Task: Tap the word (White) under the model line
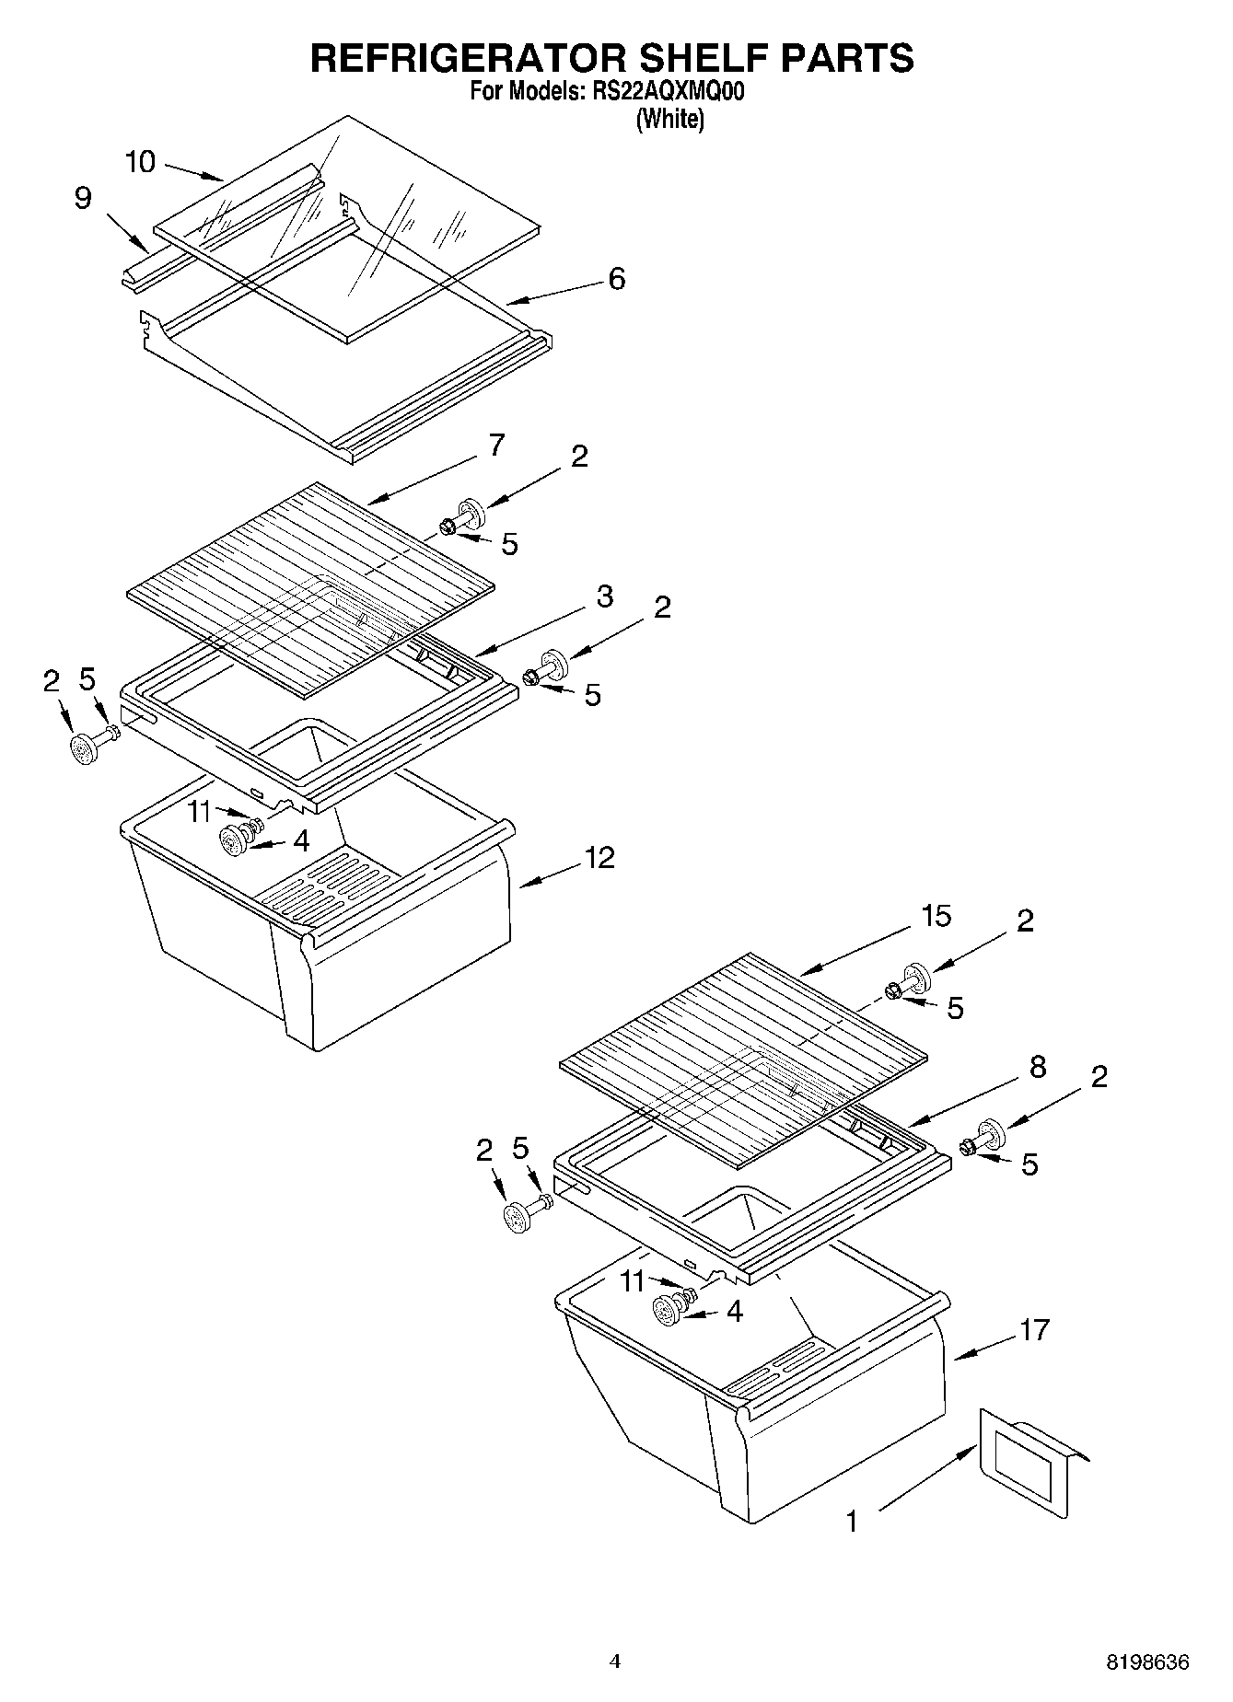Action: pos(669,119)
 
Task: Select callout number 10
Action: pos(140,163)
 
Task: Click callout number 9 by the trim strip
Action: pos(83,198)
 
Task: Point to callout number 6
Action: pos(616,278)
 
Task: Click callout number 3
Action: pos(603,596)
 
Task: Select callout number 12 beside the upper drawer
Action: pos(599,858)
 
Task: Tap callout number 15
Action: pos(936,917)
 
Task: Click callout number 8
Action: pos(1037,1067)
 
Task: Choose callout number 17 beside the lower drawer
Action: pos(1034,1329)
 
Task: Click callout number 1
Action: pos(852,1521)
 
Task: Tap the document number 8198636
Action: pos(1147,1662)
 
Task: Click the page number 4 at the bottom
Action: pos(615,1661)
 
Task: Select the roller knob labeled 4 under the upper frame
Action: pos(236,840)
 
